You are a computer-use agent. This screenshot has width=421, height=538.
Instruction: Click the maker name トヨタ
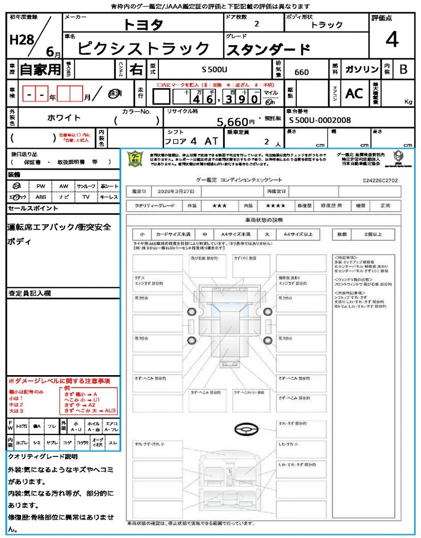(143, 25)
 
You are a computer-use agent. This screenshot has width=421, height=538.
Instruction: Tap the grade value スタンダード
(268, 50)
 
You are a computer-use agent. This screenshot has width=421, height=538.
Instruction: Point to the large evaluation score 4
(392, 39)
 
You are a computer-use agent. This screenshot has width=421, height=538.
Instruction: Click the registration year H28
(20, 40)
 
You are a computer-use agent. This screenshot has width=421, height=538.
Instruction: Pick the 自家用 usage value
(40, 69)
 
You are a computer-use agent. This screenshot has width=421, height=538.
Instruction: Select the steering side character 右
(136, 69)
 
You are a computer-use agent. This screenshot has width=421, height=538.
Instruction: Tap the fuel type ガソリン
(361, 69)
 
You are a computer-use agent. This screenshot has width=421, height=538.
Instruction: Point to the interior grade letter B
(403, 69)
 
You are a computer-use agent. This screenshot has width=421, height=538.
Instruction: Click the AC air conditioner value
(354, 94)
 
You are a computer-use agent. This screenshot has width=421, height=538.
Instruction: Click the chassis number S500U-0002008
(320, 120)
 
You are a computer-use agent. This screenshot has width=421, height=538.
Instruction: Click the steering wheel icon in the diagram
(245, 430)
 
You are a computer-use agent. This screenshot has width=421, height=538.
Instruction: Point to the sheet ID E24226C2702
(380, 180)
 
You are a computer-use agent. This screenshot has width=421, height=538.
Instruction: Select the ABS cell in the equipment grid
(41, 197)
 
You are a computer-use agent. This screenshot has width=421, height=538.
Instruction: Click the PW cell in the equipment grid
(41, 186)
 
